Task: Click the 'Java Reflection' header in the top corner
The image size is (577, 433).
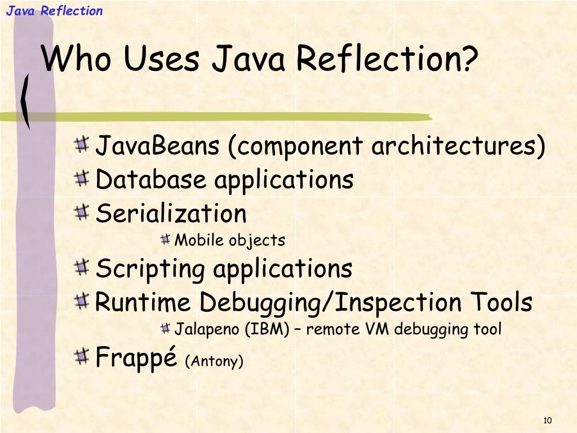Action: coord(55,11)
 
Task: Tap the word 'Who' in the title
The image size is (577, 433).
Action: coord(77,59)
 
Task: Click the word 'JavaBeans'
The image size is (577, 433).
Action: coord(157,147)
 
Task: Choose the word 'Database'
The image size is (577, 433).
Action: coord(150,180)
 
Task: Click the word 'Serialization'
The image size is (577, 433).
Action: coord(171,214)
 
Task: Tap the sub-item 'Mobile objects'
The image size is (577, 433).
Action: coord(230,240)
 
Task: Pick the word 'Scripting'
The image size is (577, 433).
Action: coord(150,269)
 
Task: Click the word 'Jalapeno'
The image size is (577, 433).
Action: coord(208,329)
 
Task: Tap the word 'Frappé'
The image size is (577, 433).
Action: coord(136,357)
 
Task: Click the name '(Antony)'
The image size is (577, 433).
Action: coord(214,361)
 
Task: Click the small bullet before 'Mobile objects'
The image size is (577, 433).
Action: coord(165,240)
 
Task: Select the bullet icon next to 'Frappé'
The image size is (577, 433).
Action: coord(82,356)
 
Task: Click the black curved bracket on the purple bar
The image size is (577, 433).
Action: coord(25,102)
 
